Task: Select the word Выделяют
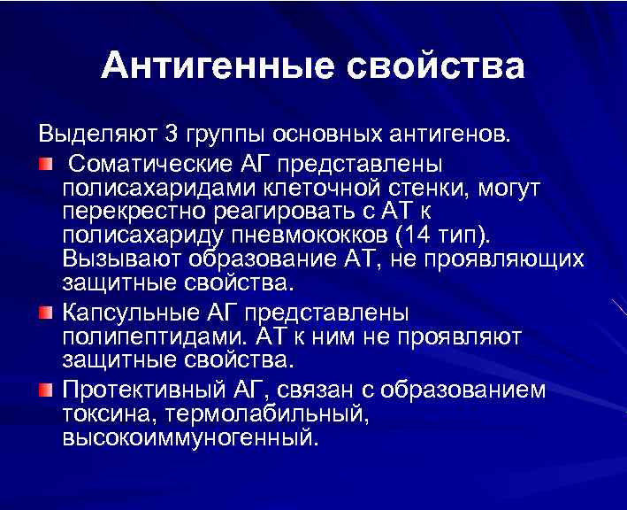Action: coord(98,135)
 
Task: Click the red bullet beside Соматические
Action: coord(46,165)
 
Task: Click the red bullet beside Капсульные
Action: coord(46,313)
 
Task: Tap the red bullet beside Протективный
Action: coord(46,390)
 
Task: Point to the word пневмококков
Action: coord(314,236)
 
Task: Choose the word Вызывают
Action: coord(120,260)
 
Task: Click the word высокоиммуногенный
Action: coord(187,438)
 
